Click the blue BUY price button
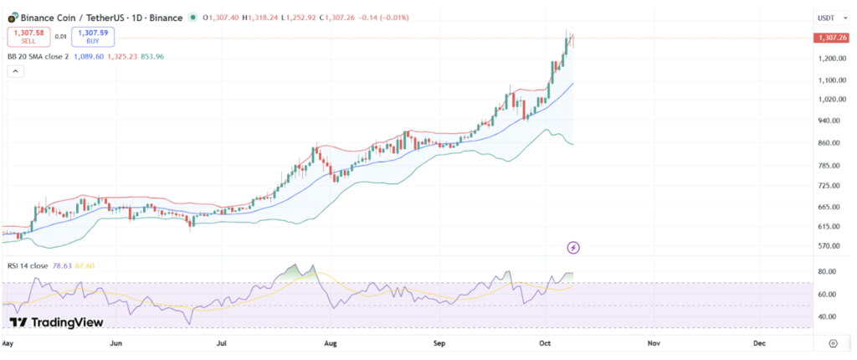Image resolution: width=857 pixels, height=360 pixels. click(92, 36)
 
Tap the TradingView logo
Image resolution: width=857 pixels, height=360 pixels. click(56, 322)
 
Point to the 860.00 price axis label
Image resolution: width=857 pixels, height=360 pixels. click(830, 143)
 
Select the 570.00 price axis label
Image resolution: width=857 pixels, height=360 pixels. click(830, 245)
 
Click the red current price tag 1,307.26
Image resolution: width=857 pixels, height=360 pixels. click(832, 38)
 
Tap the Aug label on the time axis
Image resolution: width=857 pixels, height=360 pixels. click(330, 343)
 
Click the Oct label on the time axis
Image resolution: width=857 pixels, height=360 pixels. click(545, 343)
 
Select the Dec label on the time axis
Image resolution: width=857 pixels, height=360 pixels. click(759, 343)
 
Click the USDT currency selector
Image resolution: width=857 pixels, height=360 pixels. click(829, 18)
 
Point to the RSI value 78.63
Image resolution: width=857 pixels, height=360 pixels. click(64, 265)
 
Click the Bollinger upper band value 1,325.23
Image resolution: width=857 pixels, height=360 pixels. click(122, 56)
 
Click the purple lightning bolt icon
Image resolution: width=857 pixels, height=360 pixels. click(573, 247)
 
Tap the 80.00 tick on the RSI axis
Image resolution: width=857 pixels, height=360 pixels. click(829, 272)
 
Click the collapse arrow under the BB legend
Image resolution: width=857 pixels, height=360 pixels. click(16, 72)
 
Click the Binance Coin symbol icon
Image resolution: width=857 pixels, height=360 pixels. click(12, 17)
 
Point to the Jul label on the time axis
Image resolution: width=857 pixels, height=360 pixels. click(223, 343)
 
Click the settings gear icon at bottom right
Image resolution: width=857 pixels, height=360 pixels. click(833, 343)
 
